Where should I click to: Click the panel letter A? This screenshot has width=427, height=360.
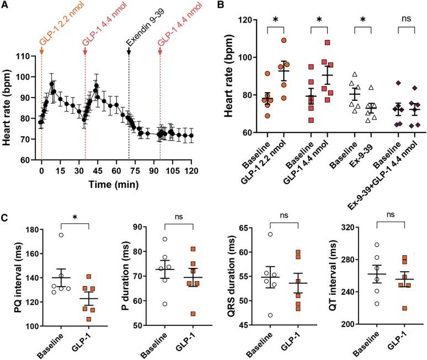pyautogui.click(x=5, y=6)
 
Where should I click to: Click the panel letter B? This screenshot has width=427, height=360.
pyautogui.click(x=219, y=6)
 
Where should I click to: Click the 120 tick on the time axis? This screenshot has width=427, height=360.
pyautogui.click(x=191, y=169)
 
